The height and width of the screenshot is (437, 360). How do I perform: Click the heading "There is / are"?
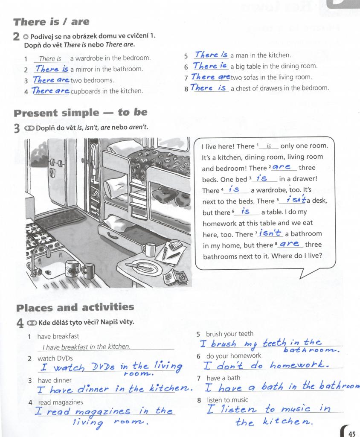click(51, 22)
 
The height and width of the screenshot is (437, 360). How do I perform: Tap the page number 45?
click(352, 434)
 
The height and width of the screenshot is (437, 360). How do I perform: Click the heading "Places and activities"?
click(75, 307)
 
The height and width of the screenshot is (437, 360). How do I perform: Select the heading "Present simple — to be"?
click(81, 112)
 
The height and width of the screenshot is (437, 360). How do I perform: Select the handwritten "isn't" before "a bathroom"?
click(270, 233)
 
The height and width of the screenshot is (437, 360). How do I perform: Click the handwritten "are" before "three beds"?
click(282, 167)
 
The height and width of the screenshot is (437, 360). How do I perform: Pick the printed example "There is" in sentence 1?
click(50, 59)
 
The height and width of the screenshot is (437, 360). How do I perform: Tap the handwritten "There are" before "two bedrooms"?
click(51, 80)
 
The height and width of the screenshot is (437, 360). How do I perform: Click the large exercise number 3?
click(17, 128)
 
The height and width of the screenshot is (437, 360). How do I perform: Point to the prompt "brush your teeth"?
click(229, 334)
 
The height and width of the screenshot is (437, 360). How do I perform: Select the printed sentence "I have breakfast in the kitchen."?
click(87, 347)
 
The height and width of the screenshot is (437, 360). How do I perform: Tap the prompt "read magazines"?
click(61, 402)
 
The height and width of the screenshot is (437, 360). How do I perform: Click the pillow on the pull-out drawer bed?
click(117, 223)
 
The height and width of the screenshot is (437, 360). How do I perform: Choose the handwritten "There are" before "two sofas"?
click(211, 77)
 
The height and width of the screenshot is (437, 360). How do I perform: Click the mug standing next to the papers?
click(149, 249)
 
